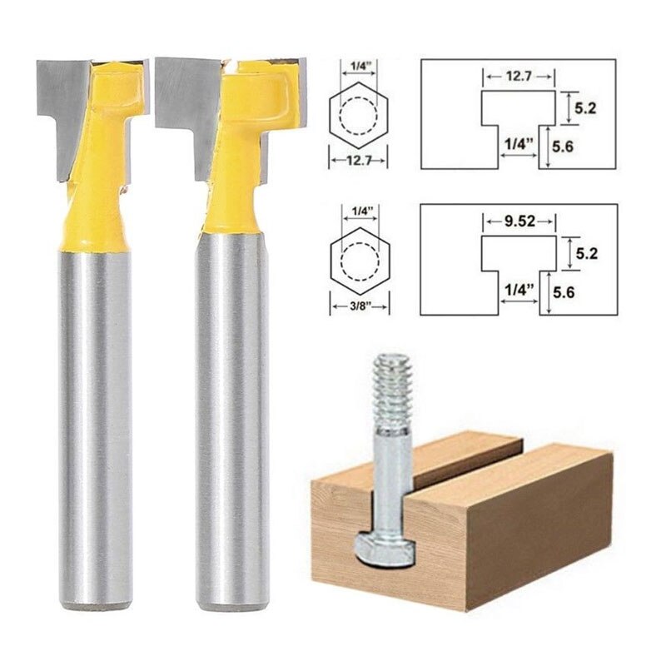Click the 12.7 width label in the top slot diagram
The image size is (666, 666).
[518, 76]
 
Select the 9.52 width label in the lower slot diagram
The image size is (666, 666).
[518, 222]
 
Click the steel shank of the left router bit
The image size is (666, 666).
[93, 416]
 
